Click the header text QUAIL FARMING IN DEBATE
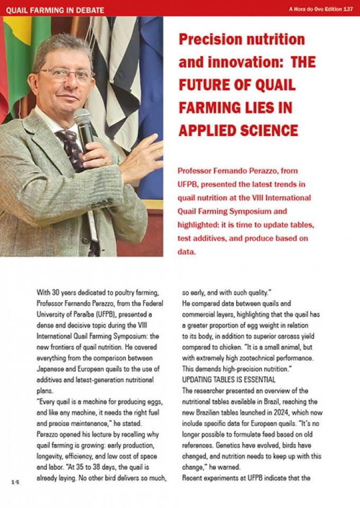click(x=55, y=10)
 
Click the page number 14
click(x=15, y=482)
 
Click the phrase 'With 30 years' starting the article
click(x=56, y=292)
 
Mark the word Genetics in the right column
click(x=240, y=448)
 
